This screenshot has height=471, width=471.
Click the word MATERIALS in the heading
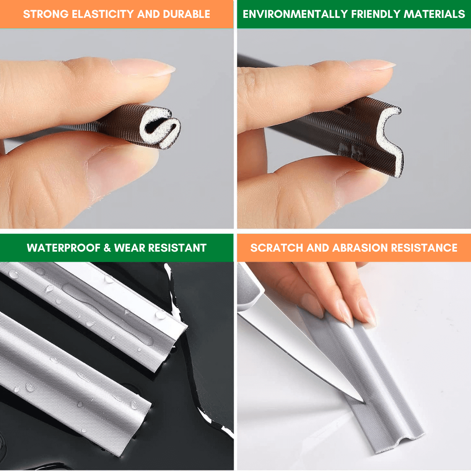[x=434, y=14]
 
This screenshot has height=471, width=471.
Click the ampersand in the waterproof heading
[x=107, y=248]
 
